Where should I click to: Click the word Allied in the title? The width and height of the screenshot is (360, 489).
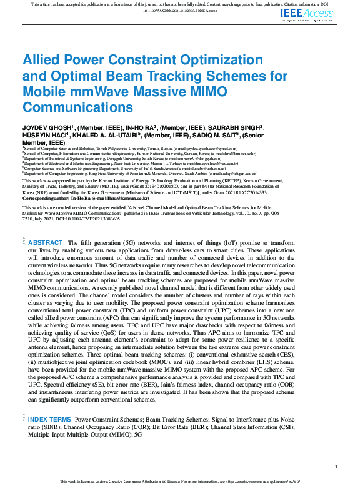point(43,61)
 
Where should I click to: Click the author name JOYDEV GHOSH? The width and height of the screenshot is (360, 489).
point(47,127)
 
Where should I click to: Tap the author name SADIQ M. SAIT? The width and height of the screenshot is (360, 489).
point(216,134)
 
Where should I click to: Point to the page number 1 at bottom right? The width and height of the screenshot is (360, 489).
point(336,467)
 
